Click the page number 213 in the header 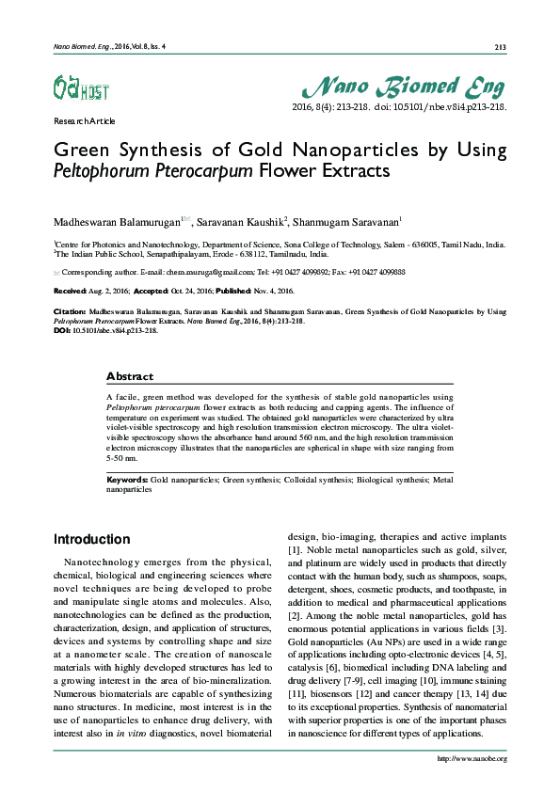[x=501, y=47]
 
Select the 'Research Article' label [x=85, y=121]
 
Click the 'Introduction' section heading [x=91, y=539]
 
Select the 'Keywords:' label [x=127, y=480]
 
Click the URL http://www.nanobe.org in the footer [x=473, y=758]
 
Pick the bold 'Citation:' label [x=70, y=310]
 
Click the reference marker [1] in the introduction [x=294, y=548]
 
